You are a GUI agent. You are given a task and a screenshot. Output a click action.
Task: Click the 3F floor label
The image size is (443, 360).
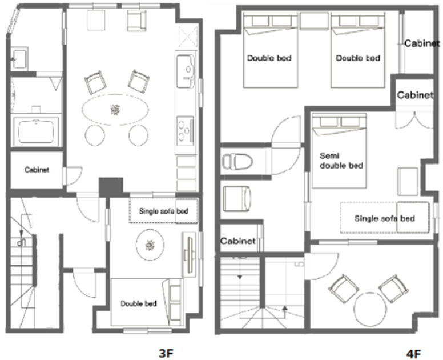click(166, 353)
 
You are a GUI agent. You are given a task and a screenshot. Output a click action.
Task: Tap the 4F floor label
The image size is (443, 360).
click(413, 354)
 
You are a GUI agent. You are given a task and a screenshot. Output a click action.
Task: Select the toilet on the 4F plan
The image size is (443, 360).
click(237, 162)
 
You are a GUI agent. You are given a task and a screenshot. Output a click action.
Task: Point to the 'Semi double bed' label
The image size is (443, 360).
click(341, 161)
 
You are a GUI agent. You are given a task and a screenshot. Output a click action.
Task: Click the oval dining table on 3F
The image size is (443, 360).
click(115, 110)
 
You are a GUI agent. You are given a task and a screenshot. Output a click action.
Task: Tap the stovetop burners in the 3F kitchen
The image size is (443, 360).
click(186, 130)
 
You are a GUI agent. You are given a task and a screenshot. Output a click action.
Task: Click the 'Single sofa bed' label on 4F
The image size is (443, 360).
click(385, 218)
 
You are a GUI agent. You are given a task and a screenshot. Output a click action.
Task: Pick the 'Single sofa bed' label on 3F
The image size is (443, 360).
click(164, 211)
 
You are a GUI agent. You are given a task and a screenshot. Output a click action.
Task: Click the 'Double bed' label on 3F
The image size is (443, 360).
click(138, 303)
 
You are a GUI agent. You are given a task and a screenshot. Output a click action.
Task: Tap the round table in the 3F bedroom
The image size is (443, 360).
click(150, 245)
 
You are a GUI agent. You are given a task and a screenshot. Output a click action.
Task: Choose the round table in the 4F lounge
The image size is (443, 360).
click(370, 309)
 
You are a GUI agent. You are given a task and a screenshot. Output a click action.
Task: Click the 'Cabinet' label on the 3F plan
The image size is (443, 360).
click(37, 170)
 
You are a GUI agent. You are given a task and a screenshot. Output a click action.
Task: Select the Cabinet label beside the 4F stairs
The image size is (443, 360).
click(238, 241)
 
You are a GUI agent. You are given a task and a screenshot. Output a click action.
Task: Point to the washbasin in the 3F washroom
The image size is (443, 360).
click(19, 59)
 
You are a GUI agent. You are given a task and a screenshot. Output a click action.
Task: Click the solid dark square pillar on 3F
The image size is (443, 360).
click(111, 187)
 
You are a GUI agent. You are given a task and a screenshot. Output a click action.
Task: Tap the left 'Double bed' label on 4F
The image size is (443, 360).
click(269, 58)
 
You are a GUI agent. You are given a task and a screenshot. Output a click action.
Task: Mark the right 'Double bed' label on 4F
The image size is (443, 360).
click(358, 58)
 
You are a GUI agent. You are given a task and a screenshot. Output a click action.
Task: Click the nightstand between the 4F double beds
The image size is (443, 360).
click(314, 21)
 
